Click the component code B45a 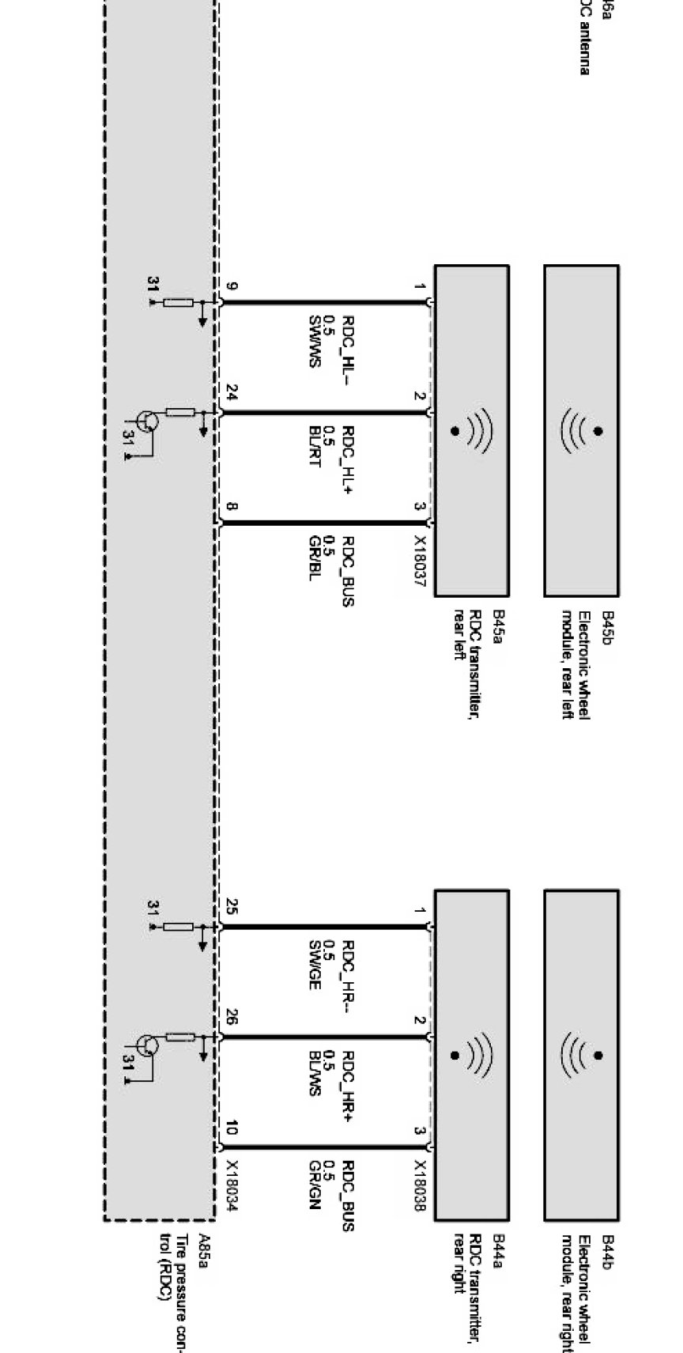(497, 626)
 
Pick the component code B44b (607, 1251)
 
